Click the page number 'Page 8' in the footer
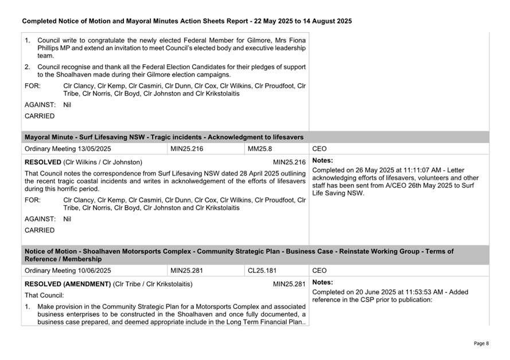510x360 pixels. pyautogui.click(x=481, y=343)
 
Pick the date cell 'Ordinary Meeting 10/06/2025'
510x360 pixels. pyautogui.click(x=68, y=271)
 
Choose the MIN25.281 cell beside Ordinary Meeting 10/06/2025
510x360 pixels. pyautogui.click(x=187, y=271)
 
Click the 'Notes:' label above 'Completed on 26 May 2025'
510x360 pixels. pyautogui.click(x=322, y=161)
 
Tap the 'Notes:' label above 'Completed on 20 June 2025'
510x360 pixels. pyautogui.click(x=322, y=283)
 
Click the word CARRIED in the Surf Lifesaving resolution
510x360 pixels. pyautogui.click(x=40, y=230)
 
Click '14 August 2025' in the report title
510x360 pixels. pyautogui.click(x=322, y=21)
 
